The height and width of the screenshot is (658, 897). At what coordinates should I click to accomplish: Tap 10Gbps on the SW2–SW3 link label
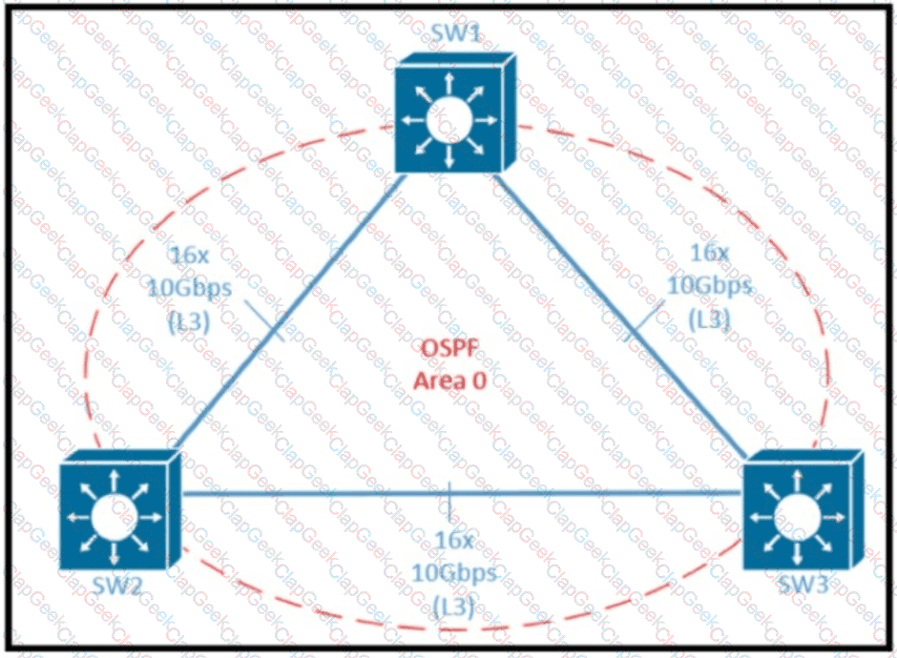tap(453, 571)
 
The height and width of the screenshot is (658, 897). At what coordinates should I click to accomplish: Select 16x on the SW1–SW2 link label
tap(189, 256)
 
